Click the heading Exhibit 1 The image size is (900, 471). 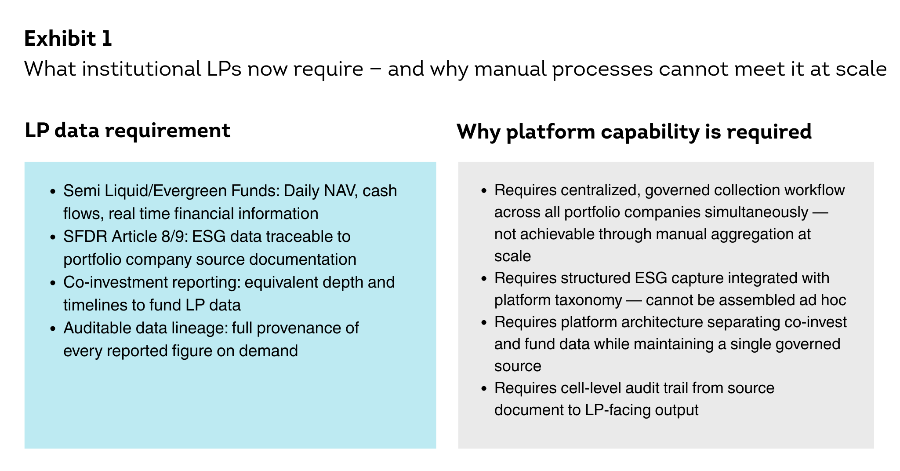point(68,39)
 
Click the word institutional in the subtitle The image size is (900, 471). point(142,69)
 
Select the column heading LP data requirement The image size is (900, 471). point(127,131)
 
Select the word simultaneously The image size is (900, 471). point(756,212)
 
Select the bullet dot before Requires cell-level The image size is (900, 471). point(484,389)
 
